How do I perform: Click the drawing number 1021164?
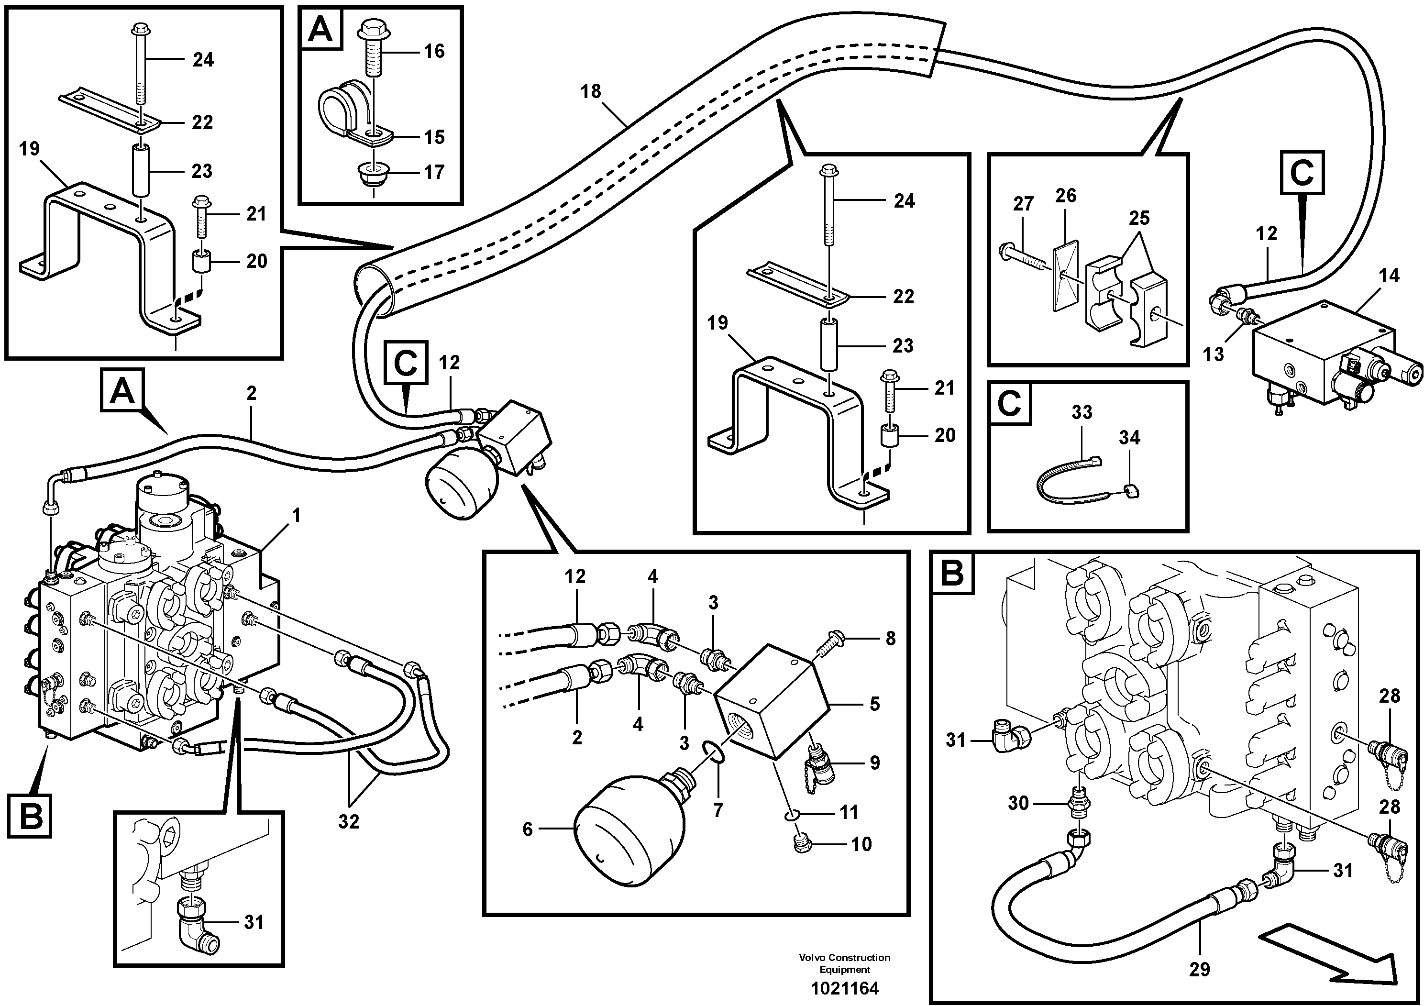pos(844,988)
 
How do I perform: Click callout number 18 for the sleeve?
pos(590,92)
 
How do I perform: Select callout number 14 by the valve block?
pos(1389,276)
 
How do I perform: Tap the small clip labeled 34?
pos(1129,492)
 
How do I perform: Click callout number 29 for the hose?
pos(1199,969)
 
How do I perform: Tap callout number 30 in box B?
pos(1018,803)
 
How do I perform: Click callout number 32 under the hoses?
pos(349,821)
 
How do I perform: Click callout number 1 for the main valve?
pos(296,515)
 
